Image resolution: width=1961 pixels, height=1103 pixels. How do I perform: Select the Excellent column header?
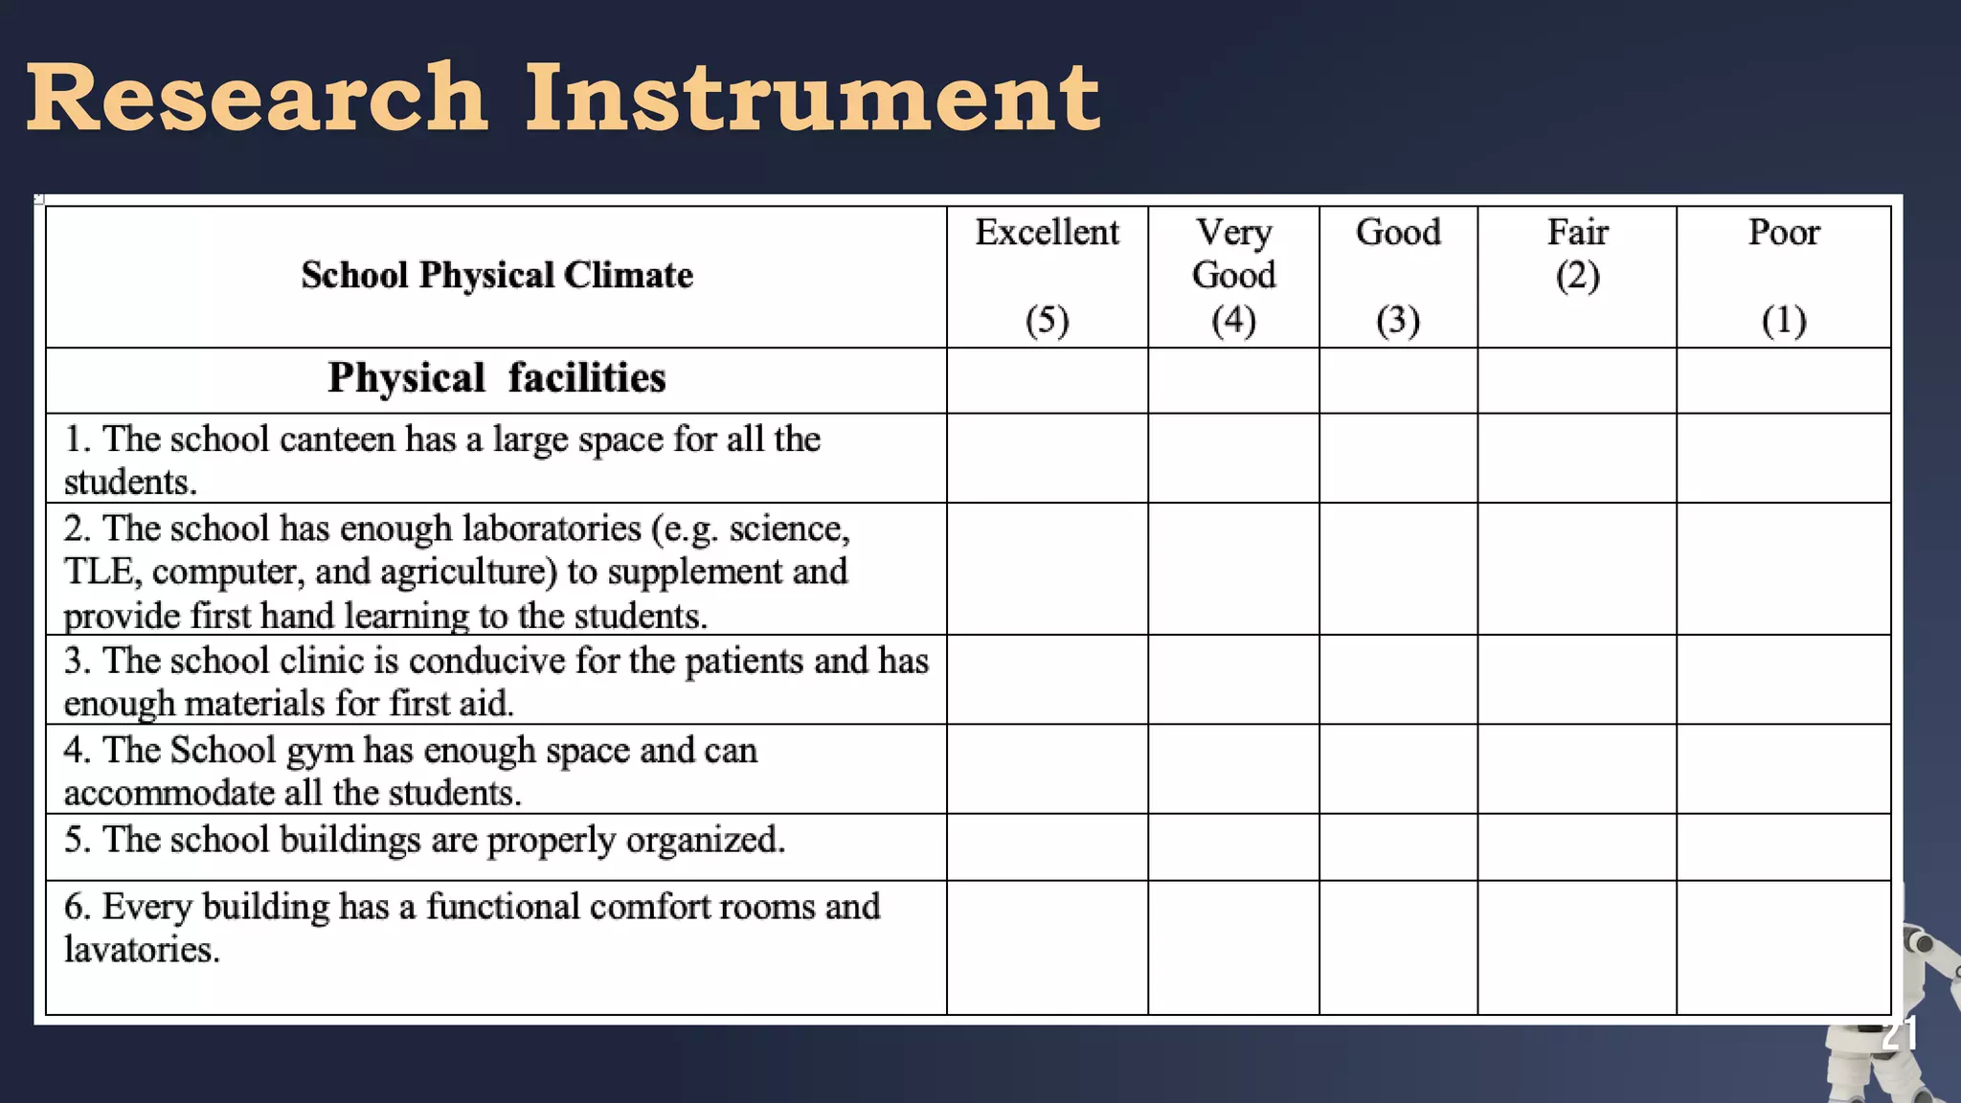point(1047,233)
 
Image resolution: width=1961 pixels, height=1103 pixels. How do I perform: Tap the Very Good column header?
point(1233,254)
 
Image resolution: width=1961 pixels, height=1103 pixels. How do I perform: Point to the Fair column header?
point(1577,233)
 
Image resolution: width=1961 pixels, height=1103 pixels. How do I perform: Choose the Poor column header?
point(1783,233)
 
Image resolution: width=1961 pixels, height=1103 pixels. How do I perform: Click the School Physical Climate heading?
point(497,276)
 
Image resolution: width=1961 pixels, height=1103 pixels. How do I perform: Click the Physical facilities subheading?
point(497,378)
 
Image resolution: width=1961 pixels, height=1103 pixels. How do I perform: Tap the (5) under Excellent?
point(1047,320)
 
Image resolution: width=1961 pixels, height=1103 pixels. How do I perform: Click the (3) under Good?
point(1398,320)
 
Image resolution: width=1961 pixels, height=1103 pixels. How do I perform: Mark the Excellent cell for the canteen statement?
point(1047,458)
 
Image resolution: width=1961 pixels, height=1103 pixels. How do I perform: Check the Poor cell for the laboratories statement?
point(1783,569)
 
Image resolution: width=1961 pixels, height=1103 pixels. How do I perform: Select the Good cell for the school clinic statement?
point(1398,679)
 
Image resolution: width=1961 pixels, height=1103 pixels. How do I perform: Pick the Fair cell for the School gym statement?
point(1577,769)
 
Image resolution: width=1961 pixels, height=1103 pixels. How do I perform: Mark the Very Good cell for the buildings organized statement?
point(1233,846)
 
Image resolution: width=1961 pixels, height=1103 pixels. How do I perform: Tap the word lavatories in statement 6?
point(142,950)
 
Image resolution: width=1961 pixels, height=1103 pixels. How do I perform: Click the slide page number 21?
point(1899,1034)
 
